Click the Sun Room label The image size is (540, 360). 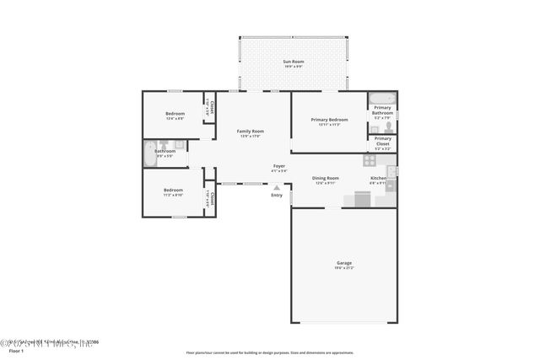tap(293, 62)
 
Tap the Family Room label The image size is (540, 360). tap(250, 132)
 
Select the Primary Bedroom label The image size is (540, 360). tap(328, 121)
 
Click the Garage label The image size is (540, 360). tap(343, 263)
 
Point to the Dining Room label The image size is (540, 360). tap(325, 178)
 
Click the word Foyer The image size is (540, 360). tap(278, 166)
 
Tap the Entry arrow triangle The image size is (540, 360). tap(277, 187)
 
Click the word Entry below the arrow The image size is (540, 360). tap(277, 196)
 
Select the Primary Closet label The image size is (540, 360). tap(382, 141)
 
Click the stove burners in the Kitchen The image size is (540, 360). tap(370, 159)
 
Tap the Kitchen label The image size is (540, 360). tap(378, 178)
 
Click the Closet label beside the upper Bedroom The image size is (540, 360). tap(211, 107)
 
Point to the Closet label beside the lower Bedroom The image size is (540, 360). tap(212, 198)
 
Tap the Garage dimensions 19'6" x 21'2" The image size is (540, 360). tap(343, 268)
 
